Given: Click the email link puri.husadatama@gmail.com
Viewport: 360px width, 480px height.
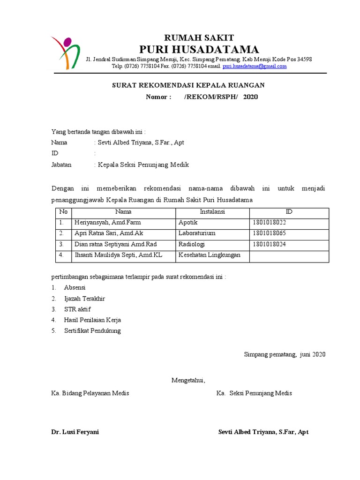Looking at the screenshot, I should point(255,67).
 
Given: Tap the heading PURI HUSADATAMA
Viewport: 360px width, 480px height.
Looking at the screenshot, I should point(199,49).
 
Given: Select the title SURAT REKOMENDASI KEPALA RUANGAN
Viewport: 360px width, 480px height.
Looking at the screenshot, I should point(188,85).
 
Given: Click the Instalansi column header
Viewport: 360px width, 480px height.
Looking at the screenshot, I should point(212,212).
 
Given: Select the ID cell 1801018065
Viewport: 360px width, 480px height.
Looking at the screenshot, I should point(269,233).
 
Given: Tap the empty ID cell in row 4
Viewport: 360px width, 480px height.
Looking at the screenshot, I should point(289,255).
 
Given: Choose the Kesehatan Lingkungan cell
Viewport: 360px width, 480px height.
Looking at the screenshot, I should point(209,255).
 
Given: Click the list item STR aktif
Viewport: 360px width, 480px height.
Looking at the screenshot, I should point(77,309).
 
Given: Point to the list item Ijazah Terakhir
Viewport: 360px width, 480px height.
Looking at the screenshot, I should point(84,299).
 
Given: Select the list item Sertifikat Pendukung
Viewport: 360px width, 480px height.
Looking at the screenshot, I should point(92,331).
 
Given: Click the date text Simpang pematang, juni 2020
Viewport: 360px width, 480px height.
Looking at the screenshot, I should point(285,354).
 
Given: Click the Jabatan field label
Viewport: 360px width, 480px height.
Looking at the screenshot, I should point(61,165).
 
